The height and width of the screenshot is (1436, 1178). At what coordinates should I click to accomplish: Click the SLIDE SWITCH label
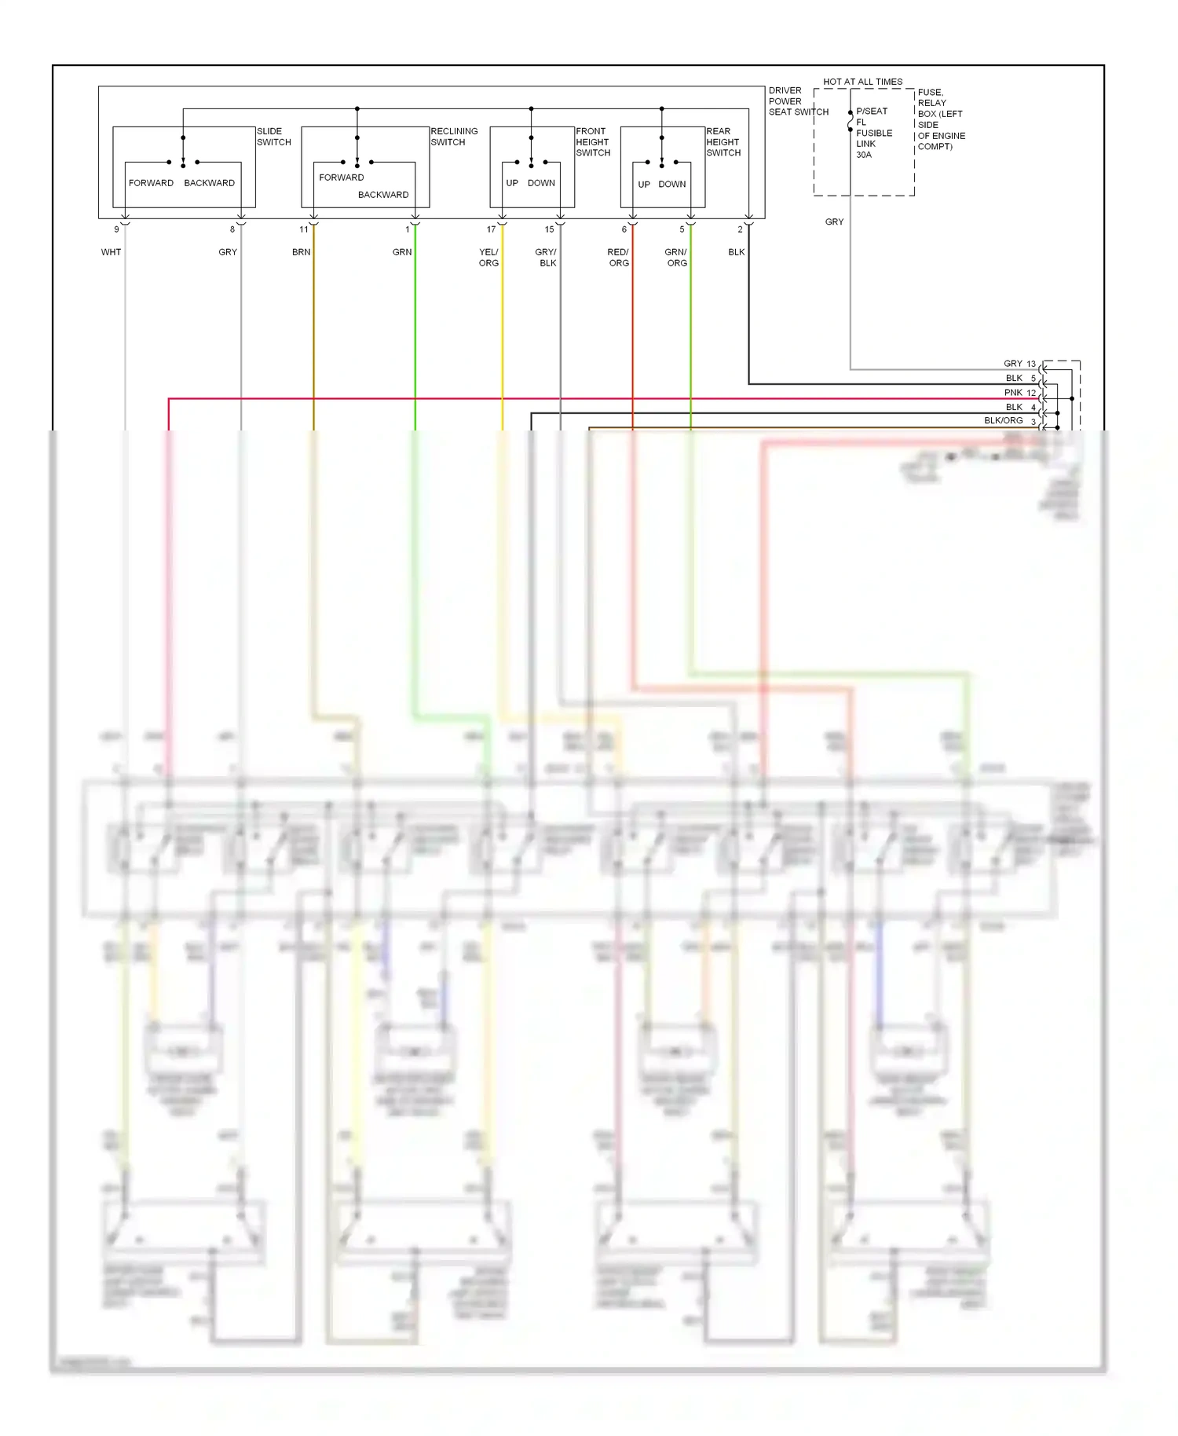pos(273,137)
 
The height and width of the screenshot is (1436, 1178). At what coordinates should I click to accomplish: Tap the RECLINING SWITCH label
pos(454,137)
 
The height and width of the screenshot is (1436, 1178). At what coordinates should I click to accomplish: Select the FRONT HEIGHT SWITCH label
pos(593,142)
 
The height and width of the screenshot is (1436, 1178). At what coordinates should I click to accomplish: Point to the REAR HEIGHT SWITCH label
pos(723,142)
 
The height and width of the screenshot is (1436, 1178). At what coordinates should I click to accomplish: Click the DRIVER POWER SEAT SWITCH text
pos(798,101)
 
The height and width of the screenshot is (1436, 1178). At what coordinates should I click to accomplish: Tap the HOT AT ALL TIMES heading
pos(862,82)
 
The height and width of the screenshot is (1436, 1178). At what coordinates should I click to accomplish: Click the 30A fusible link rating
pos(863,155)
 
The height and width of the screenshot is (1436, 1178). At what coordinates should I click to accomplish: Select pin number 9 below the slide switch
pos(116,229)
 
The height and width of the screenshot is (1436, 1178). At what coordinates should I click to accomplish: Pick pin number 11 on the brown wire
pos(304,229)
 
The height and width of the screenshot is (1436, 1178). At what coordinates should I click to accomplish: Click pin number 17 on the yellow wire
pos(491,229)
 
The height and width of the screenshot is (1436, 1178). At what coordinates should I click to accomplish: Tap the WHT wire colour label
pos(111,252)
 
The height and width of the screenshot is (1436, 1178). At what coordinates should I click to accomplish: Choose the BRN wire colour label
pos(301,252)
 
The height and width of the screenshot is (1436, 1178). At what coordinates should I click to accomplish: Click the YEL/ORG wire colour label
pos(488,258)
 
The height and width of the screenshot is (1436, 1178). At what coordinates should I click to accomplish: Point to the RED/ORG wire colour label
pos(618,258)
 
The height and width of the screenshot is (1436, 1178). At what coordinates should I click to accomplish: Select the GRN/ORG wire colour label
pos(676,258)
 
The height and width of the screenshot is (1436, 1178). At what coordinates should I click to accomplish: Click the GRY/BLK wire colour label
pos(546,258)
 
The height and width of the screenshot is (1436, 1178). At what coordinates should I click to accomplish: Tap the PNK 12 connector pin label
pos(1020,393)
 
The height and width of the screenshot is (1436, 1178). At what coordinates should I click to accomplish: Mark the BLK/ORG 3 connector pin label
pos(1010,421)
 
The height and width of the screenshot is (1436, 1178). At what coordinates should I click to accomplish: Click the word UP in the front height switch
pos(512,183)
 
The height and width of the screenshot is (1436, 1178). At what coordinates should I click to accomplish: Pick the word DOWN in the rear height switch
pos(671,185)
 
